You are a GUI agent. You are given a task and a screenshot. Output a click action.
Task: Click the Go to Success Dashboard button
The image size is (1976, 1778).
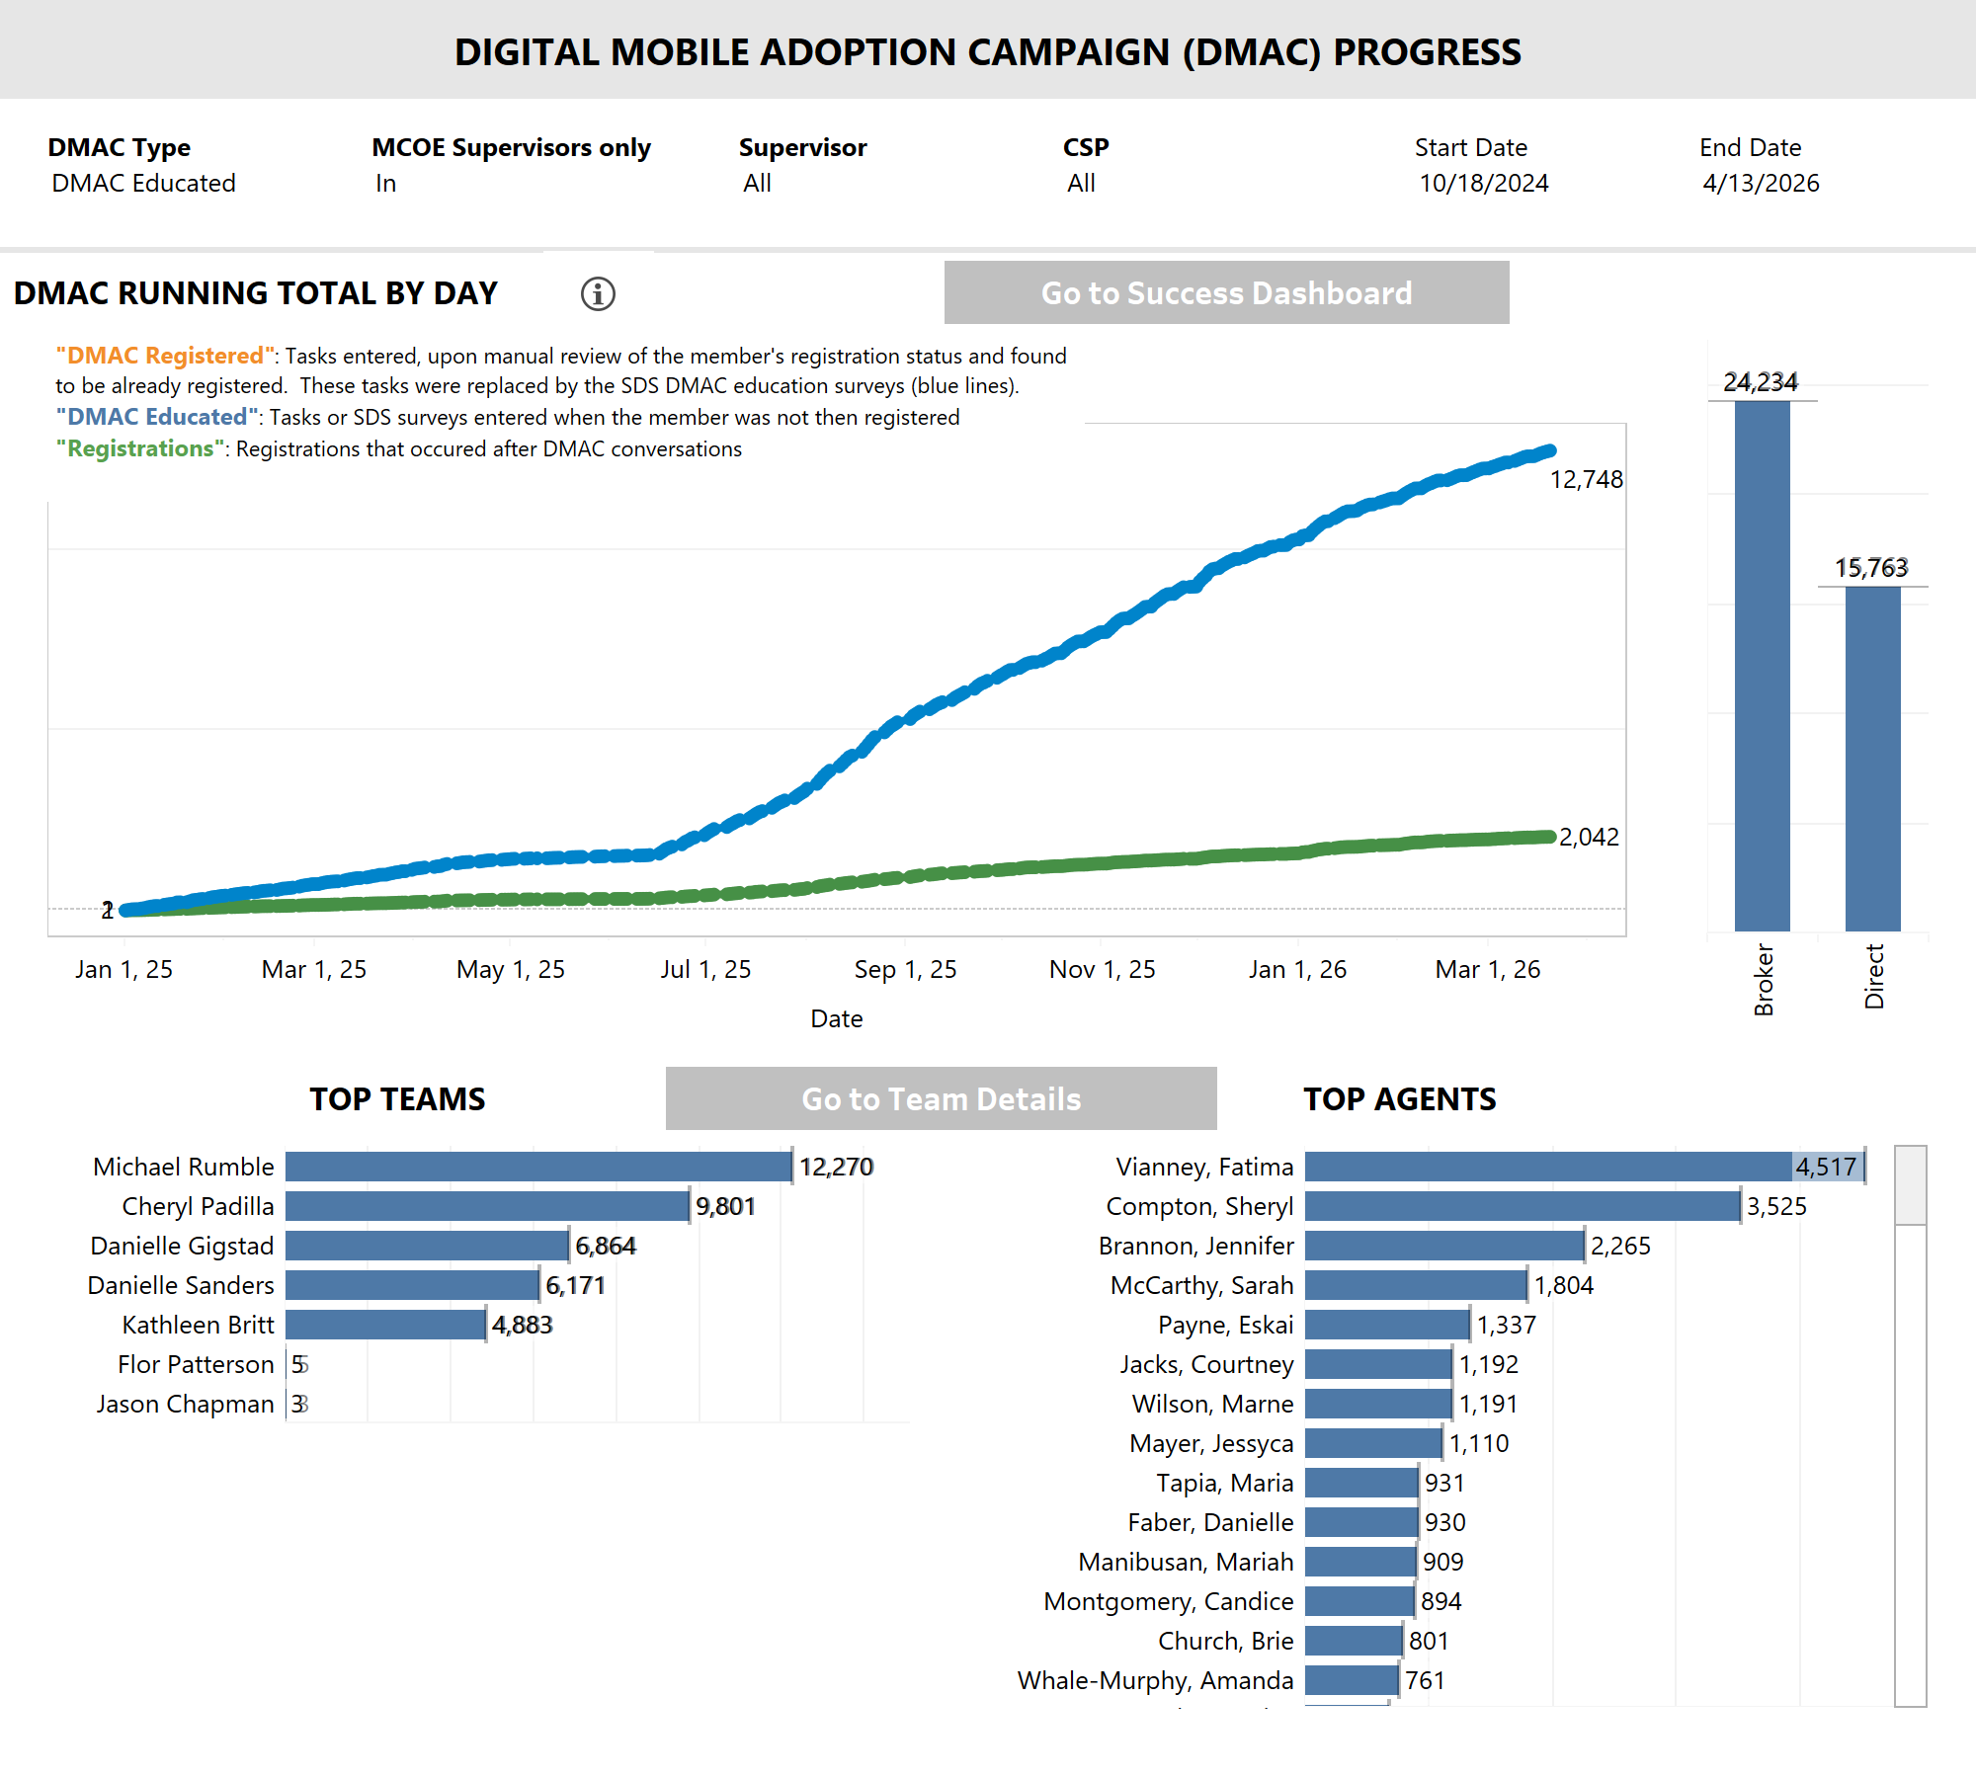point(1226,292)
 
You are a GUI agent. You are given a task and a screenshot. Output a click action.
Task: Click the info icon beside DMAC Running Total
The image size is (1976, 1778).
point(598,293)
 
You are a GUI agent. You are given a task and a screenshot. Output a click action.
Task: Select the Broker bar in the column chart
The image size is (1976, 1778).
point(1762,667)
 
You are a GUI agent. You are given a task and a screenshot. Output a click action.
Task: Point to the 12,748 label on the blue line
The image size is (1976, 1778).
point(1586,480)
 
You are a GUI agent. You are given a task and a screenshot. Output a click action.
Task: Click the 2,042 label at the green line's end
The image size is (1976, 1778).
point(1589,838)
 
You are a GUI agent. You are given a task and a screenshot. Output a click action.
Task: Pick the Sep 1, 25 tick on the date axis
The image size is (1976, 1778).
point(905,969)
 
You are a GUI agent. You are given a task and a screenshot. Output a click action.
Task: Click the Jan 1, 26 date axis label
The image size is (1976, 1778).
point(1297,969)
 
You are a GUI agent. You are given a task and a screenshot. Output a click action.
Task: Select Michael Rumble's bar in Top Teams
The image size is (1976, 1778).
point(538,1167)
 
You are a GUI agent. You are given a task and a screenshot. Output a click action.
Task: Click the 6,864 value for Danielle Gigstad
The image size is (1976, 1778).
point(606,1247)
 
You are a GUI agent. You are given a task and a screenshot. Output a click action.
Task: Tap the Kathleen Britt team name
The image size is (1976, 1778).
point(198,1325)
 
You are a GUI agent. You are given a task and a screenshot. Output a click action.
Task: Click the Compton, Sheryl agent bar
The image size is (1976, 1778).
point(1522,1206)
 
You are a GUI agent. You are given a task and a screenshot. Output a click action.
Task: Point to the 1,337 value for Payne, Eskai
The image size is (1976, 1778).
point(1507,1326)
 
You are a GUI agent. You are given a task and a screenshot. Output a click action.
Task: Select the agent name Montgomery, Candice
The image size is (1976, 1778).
point(1168,1601)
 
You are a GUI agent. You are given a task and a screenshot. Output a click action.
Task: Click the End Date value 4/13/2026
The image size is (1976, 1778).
point(1761,183)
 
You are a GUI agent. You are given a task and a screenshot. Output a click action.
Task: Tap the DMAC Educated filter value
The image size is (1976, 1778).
point(143,183)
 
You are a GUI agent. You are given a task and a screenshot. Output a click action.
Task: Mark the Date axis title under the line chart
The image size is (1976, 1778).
point(836,1018)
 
